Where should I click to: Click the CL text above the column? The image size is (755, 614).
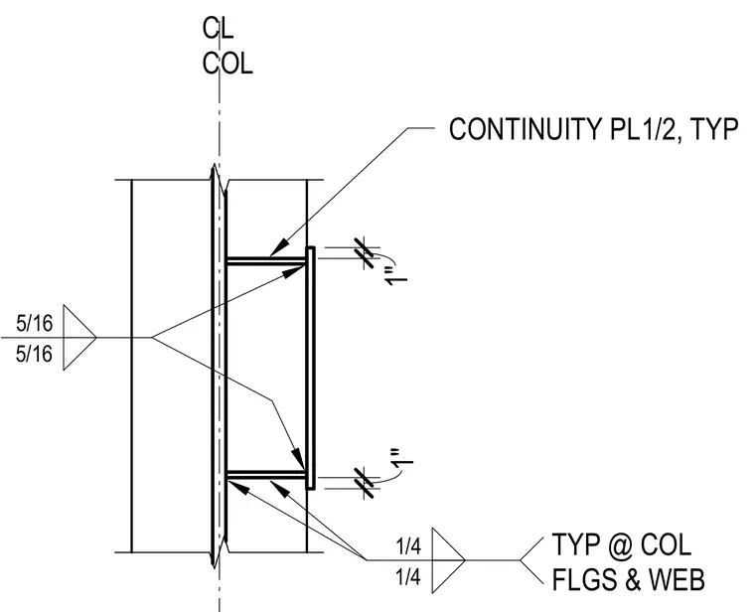pyautogui.click(x=218, y=29)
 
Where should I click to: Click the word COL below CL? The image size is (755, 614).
pyautogui.click(x=227, y=63)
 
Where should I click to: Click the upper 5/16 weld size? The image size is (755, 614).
pyautogui.click(x=34, y=323)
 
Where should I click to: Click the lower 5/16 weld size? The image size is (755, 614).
pyautogui.click(x=34, y=354)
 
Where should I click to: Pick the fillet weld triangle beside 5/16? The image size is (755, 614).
pyautogui.click(x=79, y=338)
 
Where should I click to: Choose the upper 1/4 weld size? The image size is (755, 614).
pyautogui.click(x=408, y=546)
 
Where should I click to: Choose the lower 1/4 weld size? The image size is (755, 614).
pyautogui.click(x=408, y=576)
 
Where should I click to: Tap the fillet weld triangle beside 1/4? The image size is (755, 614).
pyautogui.click(x=448, y=560)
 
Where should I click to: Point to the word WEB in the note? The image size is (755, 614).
pyautogui.click(x=677, y=579)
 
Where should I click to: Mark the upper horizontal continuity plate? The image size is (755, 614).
pyautogui.click(x=266, y=261)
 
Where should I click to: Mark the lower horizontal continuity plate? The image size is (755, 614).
pyautogui.click(x=266, y=475)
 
